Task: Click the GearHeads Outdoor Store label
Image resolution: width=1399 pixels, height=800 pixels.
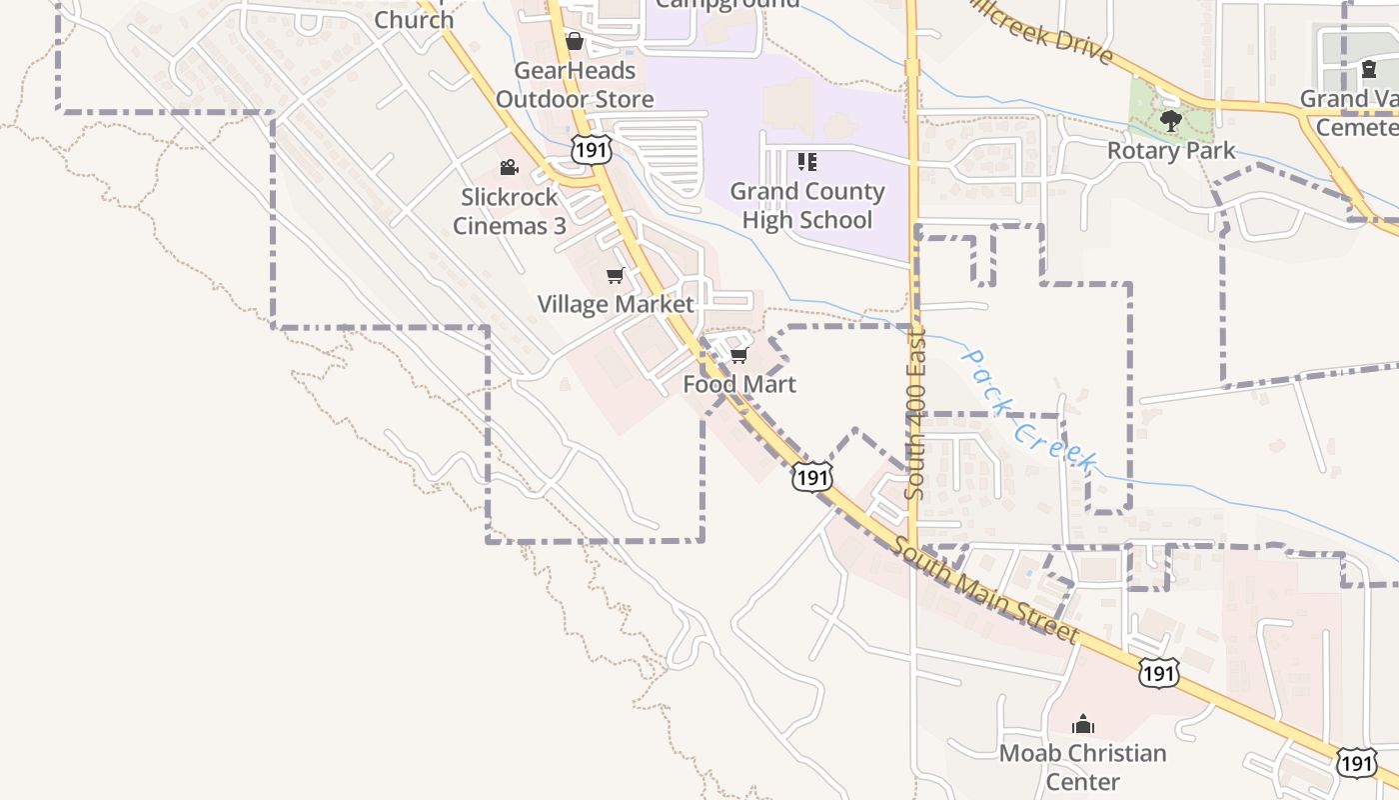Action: coord(575,85)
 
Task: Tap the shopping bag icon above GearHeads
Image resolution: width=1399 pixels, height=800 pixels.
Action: coord(575,42)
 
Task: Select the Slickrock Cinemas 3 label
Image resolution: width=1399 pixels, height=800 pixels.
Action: coord(510,211)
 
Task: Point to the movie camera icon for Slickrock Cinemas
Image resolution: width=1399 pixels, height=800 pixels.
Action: coord(509,167)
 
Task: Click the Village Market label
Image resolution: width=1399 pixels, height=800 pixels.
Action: coord(616,304)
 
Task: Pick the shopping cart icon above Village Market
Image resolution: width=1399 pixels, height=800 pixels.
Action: coord(616,275)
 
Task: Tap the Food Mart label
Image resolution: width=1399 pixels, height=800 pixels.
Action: coord(739,384)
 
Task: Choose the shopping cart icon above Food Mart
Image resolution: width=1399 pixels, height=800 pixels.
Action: coord(739,356)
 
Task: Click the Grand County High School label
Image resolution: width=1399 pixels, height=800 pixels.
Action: coord(807,205)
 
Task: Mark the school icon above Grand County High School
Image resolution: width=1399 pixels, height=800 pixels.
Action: coord(807,162)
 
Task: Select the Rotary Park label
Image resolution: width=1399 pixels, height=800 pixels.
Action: coord(1171,151)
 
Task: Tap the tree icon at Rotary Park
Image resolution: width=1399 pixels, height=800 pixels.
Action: coord(1171,122)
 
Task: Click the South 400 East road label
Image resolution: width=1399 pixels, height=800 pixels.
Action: coord(915,415)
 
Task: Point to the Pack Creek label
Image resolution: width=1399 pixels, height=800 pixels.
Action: coord(1029,410)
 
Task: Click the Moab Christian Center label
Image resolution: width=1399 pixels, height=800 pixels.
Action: coord(1083,767)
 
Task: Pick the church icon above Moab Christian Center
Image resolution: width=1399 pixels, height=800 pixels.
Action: coord(1083,724)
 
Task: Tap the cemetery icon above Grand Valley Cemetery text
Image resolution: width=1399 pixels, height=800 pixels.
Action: coord(1368,70)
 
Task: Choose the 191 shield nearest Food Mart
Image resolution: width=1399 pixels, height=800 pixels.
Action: coord(811,477)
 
